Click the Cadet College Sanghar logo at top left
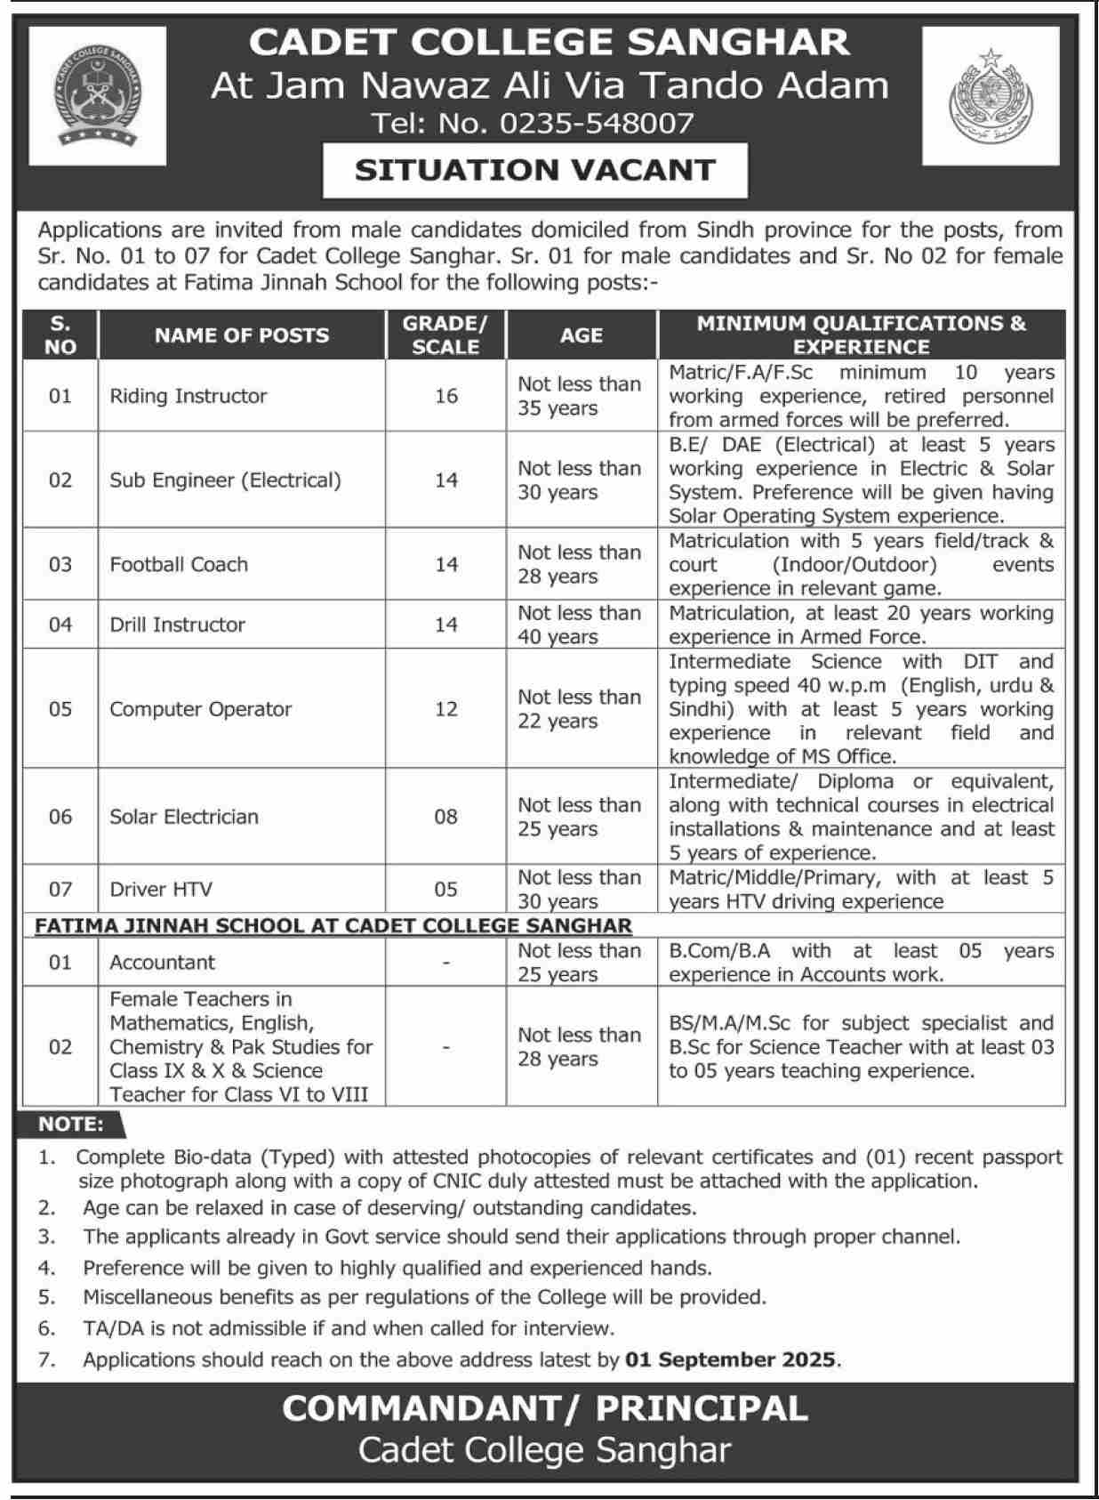pos(97,95)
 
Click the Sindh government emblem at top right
pos(990,95)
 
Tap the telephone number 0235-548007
pos(596,123)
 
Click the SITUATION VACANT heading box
pos(534,170)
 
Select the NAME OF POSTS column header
pos(241,335)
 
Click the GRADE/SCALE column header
pos(445,335)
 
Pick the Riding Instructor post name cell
pos(188,396)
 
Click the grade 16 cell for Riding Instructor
pos(446,396)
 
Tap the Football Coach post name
pos(179,564)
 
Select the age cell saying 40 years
pos(580,625)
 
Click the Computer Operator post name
pos(200,709)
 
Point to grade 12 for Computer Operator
pos(446,709)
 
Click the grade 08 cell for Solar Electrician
pos(446,817)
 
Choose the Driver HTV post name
pos(161,889)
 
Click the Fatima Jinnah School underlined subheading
pos(333,925)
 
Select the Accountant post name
pos(162,962)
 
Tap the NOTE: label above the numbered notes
pos(71,1125)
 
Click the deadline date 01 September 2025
pos(730,1359)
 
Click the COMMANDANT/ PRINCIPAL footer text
pos(544,1408)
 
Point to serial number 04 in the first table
pos(60,625)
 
